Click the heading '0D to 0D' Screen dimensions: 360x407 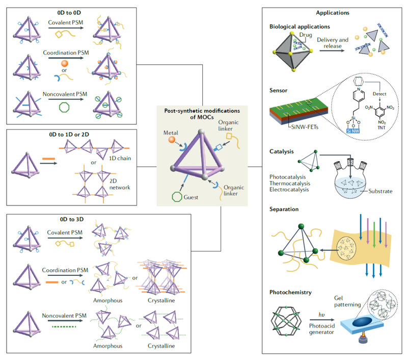tap(68, 10)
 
